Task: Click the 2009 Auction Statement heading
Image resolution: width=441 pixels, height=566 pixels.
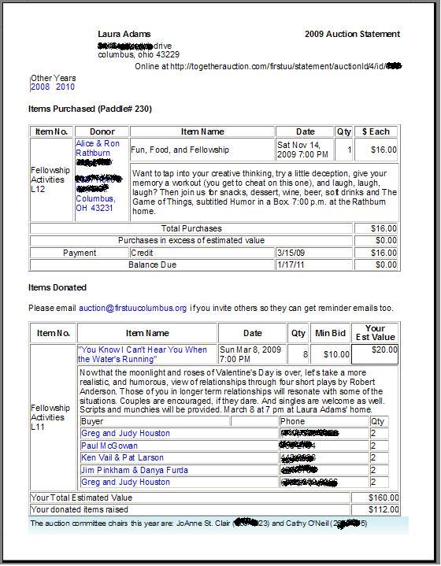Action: (x=352, y=35)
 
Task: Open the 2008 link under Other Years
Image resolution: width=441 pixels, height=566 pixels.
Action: (x=39, y=87)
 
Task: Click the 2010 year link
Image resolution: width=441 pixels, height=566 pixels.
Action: (x=65, y=87)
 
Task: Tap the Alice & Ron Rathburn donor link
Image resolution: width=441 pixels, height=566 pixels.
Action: (x=98, y=148)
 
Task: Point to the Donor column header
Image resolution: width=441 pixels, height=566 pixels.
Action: (x=102, y=131)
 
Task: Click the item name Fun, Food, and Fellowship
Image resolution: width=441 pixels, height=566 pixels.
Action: (x=180, y=150)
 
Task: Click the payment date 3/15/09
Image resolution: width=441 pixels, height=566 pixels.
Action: (x=290, y=253)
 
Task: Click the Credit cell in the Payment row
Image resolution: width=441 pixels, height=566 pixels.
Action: (x=142, y=253)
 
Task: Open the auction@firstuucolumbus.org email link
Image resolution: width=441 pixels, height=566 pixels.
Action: (x=132, y=308)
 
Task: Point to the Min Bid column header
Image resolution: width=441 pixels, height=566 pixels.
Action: (x=331, y=333)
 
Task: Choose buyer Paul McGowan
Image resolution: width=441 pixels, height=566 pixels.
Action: (x=109, y=446)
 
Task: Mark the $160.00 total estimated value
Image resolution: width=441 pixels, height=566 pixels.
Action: (x=384, y=498)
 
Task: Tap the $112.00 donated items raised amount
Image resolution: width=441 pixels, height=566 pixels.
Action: (x=384, y=509)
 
